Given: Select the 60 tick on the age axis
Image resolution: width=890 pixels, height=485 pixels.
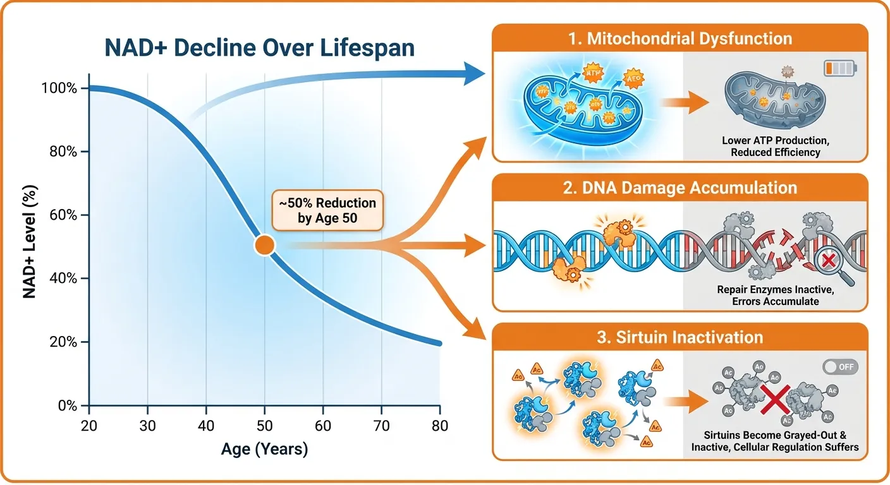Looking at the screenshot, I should click(323, 426).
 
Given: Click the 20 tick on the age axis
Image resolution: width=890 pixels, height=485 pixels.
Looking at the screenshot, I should click(89, 426).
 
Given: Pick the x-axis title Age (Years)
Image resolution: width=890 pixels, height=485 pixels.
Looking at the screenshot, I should click(264, 450).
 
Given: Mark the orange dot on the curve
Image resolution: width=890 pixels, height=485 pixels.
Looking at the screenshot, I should click(264, 245).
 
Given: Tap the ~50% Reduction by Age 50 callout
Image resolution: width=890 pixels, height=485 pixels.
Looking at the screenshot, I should click(327, 210).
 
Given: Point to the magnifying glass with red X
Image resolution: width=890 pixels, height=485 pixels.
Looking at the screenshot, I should click(825, 261).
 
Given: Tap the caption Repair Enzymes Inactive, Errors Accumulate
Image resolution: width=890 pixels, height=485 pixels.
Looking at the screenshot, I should click(768, 296).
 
